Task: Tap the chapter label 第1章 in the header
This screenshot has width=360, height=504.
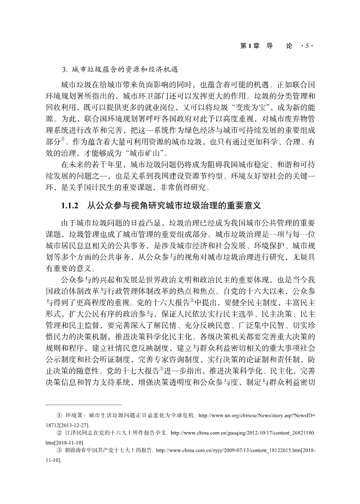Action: [x=249, y=46]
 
